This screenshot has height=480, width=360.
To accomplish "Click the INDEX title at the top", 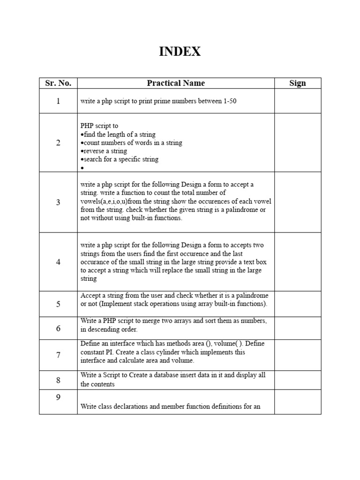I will click(180, 52).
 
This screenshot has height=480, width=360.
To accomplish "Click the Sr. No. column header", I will click(58, 83).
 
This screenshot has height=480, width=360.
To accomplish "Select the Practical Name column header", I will click(176, 83).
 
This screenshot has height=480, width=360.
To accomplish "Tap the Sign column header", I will click(298, 83).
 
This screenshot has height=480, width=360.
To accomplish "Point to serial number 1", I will click(58, 101).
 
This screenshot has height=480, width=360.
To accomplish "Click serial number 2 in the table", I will click(58, 142).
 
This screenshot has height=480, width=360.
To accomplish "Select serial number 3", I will click(58, 202).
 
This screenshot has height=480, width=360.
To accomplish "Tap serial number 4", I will click(58, 262).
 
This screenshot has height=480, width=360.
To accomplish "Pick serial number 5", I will click(58, 304).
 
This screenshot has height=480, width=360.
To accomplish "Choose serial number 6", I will click(58, 328).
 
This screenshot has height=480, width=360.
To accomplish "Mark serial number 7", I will click(58, 355).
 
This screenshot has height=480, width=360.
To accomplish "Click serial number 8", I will click(58, 380).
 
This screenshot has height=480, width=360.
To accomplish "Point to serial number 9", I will click(58, 397).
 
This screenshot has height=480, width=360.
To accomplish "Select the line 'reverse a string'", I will click(105, 151).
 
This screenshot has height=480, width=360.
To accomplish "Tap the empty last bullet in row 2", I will click(82, 167).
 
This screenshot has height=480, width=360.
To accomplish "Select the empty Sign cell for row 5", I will click(298, 304).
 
